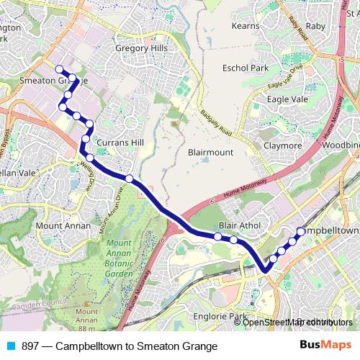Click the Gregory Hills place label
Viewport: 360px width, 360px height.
coord(141,48)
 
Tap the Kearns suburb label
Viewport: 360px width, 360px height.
coord(245,26)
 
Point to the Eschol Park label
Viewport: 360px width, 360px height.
coord(246,68)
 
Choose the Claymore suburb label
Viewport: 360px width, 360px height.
coord(283,145)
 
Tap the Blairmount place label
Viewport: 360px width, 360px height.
coord(210,153)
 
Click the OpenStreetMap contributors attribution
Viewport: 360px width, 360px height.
coord(297,322)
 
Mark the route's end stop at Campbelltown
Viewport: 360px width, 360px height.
coord(301,232)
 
